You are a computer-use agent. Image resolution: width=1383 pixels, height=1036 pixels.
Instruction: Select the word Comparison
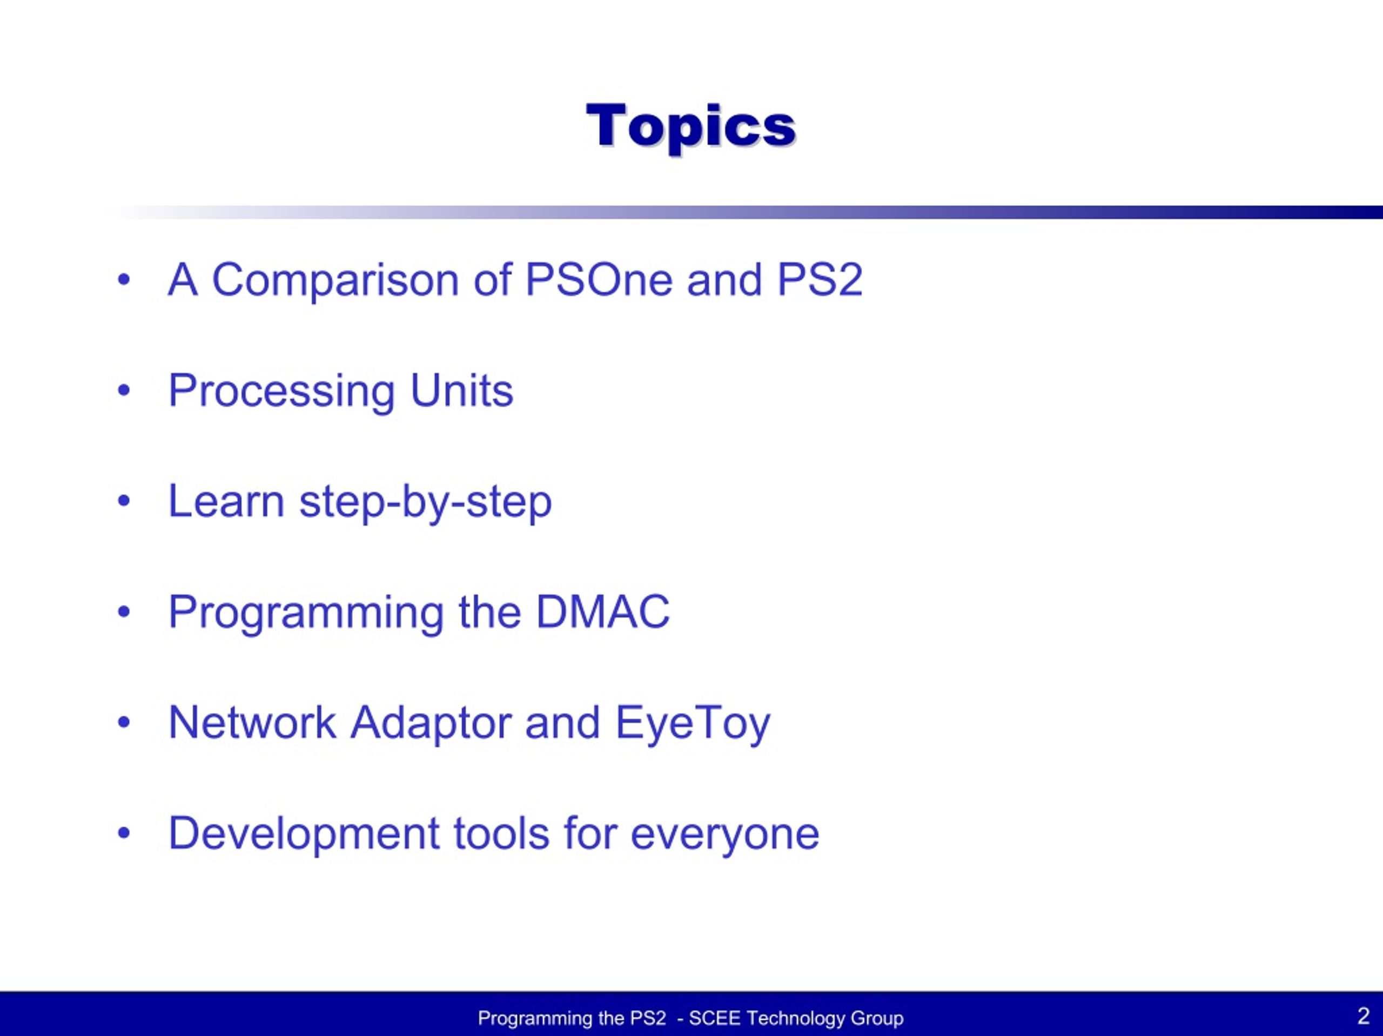tap(335, 280)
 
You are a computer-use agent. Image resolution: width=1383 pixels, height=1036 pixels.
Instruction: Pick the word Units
tap(461, 390)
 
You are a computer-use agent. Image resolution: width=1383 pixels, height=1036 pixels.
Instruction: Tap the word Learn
tap(226, 501)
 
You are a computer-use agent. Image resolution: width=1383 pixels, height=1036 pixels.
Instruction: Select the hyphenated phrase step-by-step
tap(426, 502)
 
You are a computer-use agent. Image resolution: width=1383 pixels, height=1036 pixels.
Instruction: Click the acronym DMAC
tap(603, 611)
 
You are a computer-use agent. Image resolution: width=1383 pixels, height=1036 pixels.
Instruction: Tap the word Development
tap(304, 835)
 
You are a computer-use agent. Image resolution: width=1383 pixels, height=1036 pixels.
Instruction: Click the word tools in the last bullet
tap(502, 833)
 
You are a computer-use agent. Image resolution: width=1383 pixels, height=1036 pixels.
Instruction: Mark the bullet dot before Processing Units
tap(124, 390)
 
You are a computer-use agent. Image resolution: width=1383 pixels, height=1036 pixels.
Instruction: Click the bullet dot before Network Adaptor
tap(124, 722)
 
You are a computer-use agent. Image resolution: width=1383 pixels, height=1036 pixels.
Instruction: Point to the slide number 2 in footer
tap(1363, 1015)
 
